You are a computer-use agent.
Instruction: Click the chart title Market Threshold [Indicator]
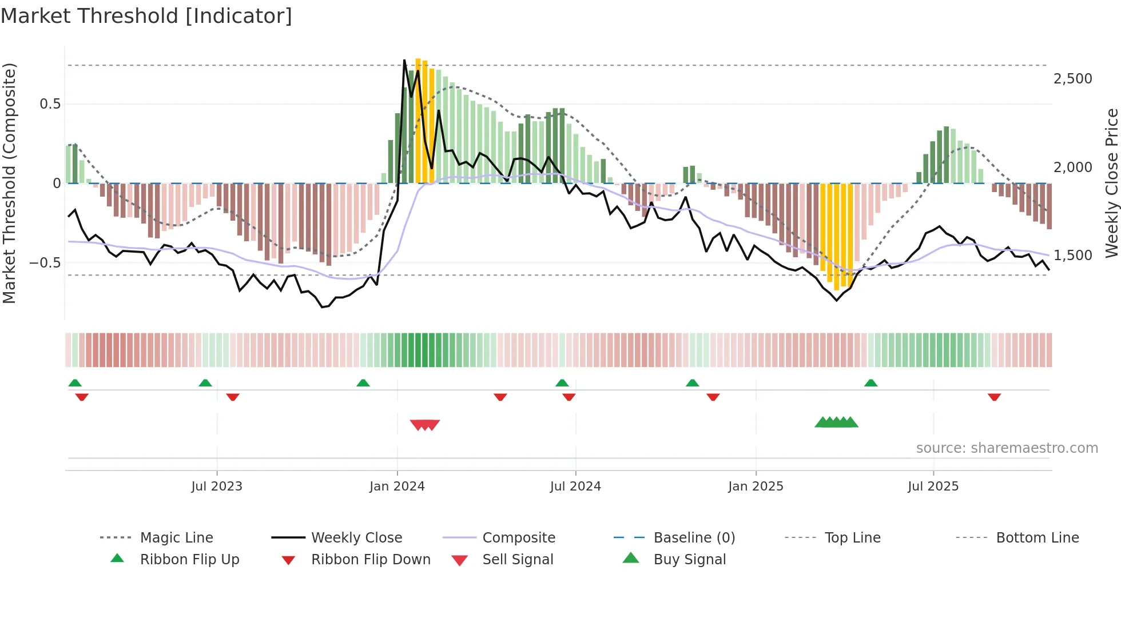click(146, 16)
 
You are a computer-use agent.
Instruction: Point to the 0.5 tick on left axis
click(50, 104)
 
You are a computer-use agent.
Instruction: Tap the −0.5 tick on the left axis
click(45, 263)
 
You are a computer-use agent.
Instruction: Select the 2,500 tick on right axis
click(1072, 79)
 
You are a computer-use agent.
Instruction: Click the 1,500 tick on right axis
click(1072, 256)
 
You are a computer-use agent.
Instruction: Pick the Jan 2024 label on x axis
click(397, 487)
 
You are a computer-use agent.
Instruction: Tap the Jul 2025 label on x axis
click(933, 487)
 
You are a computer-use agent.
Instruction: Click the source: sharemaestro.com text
click(1007, 448)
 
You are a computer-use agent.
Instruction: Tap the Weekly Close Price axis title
click(1111, 183)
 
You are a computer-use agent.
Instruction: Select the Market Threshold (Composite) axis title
click(9, 183)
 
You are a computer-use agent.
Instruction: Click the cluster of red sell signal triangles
click(425, 425)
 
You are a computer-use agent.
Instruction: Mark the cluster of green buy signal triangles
click(836, 422)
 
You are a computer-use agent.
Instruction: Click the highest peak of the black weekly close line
click(404, 60)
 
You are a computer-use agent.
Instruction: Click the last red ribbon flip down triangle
click(994, 397)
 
